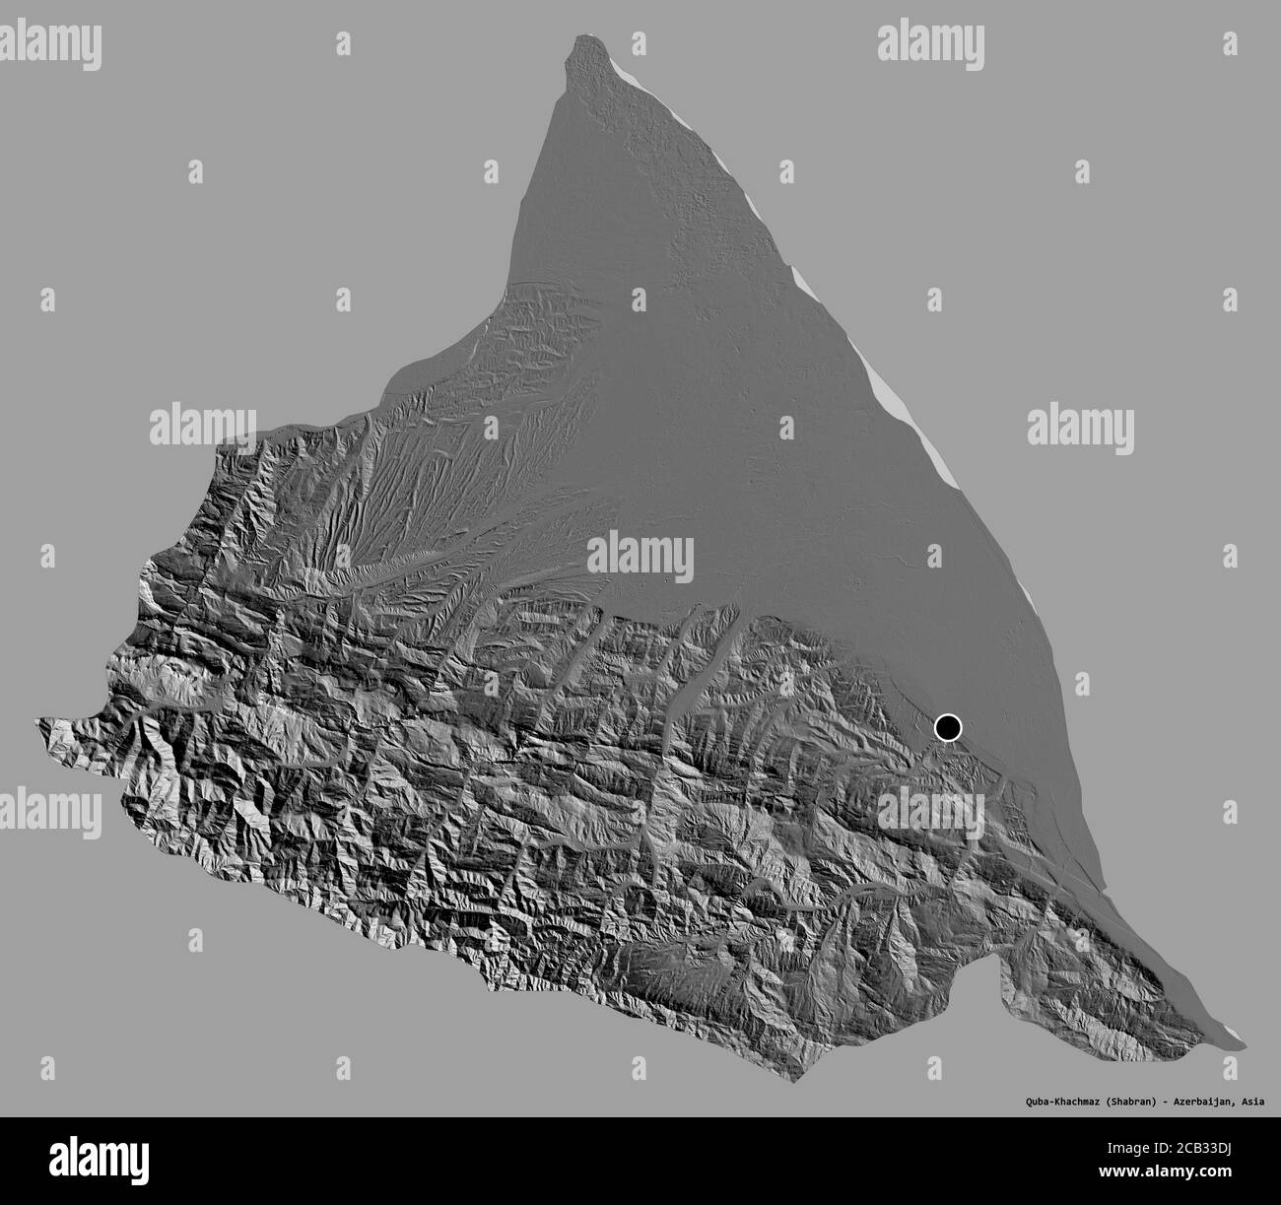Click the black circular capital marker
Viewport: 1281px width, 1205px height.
[947, 727]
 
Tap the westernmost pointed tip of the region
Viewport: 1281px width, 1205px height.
[39, 722]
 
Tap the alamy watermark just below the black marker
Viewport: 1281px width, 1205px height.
[930, 814]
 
